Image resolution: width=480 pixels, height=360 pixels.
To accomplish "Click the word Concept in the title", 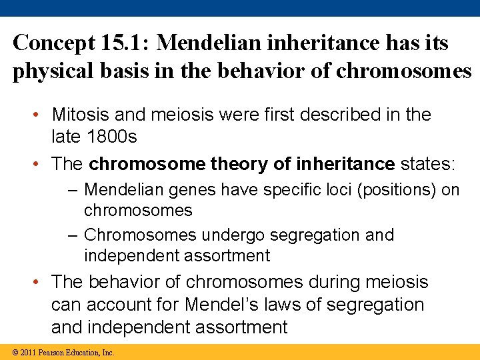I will pos(51,43).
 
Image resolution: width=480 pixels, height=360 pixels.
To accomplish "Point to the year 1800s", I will pos(113,137).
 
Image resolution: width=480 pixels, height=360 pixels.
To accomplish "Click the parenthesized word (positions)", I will pos(396,190).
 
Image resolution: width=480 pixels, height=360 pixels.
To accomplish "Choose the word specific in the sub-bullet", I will pos(292,190).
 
